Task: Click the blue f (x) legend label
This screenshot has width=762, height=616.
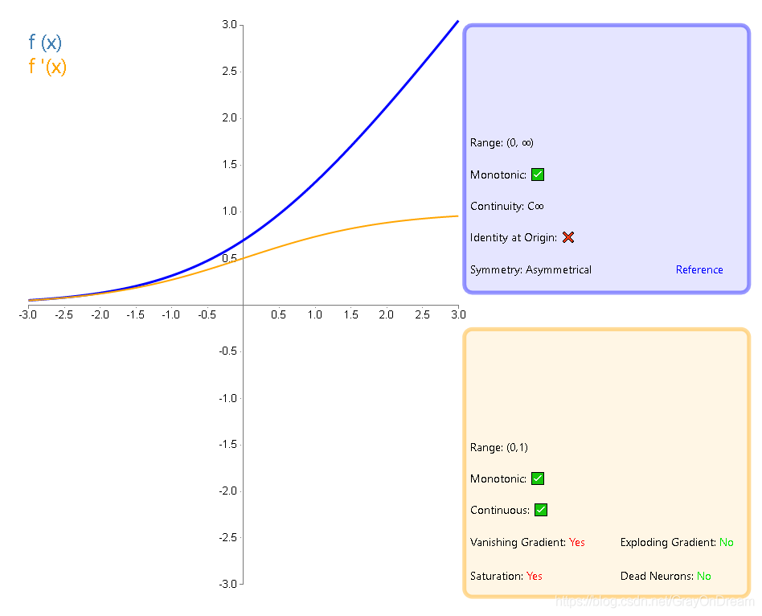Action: coord(45,43)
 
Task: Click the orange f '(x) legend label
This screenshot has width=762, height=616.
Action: coord(47,67)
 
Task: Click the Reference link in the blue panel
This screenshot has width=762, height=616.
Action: coord(699,269)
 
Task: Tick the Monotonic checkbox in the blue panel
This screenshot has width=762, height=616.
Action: coord(538,175)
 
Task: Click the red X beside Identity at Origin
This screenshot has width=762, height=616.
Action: coord(568,237)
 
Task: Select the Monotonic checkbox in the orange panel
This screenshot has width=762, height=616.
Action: coord(538,478)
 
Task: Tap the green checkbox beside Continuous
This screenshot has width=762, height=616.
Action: coord(541,510)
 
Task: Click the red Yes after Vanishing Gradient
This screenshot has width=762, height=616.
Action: coord(577,543)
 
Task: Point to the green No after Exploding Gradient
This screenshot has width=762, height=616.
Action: coord(727,543)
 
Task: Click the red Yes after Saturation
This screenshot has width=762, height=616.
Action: coord(535,577)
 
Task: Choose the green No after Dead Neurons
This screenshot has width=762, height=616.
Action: coord(704,577)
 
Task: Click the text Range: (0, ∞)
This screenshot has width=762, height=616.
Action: coord(502,143)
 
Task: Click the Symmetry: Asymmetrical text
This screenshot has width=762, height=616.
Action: coord(531,270)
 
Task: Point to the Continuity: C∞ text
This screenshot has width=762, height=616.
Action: coord(507,207)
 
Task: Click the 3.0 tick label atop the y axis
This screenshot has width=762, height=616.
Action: coord(229,25)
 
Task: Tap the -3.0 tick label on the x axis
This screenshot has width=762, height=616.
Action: coord(28,314)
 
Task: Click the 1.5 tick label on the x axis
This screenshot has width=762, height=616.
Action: coord(350,314)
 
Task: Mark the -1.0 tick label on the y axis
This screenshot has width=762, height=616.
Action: coord(227,398)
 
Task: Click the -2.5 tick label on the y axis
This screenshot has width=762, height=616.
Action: coord(227,538)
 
